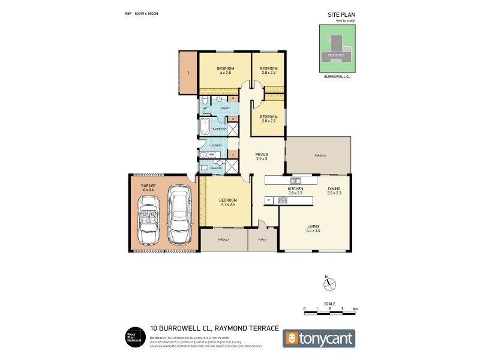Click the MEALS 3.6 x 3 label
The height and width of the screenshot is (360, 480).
pos(262,156)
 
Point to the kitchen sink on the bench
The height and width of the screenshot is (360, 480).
pos(296,180)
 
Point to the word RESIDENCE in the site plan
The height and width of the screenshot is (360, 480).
pos(336,55)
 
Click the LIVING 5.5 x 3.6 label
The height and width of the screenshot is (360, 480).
pos(313,228)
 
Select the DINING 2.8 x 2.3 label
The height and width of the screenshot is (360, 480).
pos(334,191)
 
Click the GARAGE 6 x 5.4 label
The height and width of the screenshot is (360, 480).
pos(148,188)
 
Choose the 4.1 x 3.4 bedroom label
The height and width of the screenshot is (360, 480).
pos(228,202)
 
